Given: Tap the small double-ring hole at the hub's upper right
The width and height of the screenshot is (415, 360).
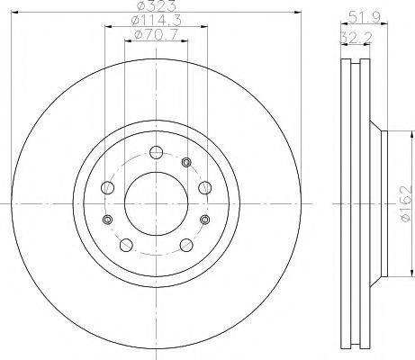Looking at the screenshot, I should coord(186,162).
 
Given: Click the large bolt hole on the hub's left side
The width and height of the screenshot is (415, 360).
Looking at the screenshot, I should coord(108,188).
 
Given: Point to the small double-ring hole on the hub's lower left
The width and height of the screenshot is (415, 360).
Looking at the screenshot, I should coord(108,220).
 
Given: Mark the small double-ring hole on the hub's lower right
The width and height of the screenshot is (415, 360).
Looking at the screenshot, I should coord(204,220).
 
